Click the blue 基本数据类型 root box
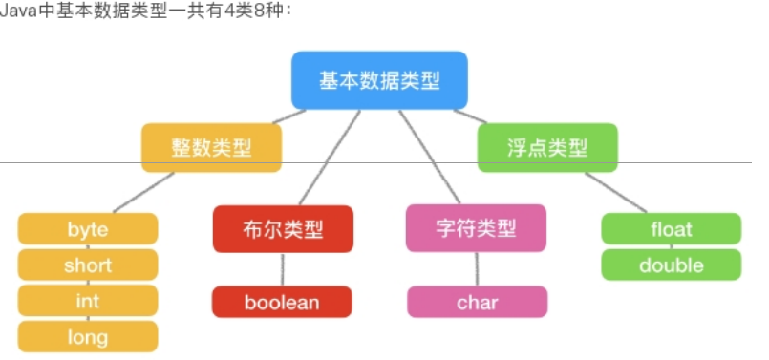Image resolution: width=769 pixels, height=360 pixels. point(379,80)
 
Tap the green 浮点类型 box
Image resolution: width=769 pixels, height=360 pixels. point(547,148)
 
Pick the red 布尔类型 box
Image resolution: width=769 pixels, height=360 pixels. point(283,229)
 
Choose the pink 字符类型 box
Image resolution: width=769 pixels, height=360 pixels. point(476,229)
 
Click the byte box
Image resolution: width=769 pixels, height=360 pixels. point(88,229)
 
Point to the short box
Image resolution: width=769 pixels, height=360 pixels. point(88,265)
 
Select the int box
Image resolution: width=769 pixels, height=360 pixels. point(88,301)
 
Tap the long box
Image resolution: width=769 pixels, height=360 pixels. point(88,336)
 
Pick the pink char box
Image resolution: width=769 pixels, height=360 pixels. point(477,303)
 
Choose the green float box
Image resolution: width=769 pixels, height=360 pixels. point(671,229)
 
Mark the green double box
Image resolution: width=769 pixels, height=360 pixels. point(671,265)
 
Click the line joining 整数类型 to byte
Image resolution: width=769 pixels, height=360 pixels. point(143,192)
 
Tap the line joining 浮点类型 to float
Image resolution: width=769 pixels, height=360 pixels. point(616,192)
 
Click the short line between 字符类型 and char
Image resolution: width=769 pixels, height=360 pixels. point(477,270)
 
